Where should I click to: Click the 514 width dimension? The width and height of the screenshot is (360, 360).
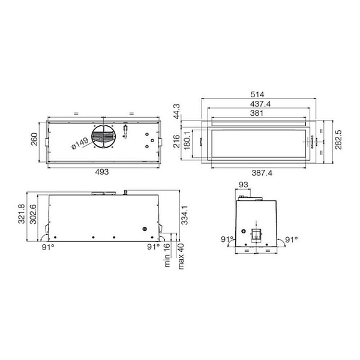pos(257,94)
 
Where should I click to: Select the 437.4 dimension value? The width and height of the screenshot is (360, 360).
pos(260,104)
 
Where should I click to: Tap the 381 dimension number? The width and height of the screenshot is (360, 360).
pos(257,113)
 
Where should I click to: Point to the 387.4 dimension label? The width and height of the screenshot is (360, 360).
pos(262,173)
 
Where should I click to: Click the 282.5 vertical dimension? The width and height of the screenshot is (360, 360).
pos(338,140)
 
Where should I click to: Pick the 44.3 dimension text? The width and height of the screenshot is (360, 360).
pos(176,112)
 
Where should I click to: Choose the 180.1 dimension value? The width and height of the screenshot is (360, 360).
pos(187,140)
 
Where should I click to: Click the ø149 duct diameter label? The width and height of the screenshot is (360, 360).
pos(80,143)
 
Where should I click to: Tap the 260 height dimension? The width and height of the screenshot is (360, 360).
pos(34,139)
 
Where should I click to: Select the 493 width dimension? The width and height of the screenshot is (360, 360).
pos(102,172)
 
